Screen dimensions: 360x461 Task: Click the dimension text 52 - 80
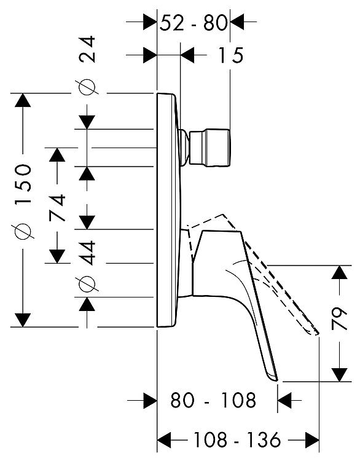[194, 23]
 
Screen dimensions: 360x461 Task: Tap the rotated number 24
[88, 49]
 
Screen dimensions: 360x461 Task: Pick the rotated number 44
[88, 253]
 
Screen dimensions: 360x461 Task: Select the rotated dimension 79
[339, 319]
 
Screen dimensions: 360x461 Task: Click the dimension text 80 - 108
[213, 400]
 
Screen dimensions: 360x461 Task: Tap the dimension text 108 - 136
[237, 440]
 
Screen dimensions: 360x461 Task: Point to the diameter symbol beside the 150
[23, 231]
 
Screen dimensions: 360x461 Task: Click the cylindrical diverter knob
[210, 148]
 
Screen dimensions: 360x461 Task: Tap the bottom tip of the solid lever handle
[276, 380]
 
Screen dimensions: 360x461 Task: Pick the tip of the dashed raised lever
[318, 334]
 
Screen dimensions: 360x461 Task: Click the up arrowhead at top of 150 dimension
[23, 100]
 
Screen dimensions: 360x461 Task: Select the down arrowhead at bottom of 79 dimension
[340, 374]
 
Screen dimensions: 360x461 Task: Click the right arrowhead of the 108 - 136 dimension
[312, 440]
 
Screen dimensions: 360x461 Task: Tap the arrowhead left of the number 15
[187, 55]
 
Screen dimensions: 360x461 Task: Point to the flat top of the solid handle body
[222, 231]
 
